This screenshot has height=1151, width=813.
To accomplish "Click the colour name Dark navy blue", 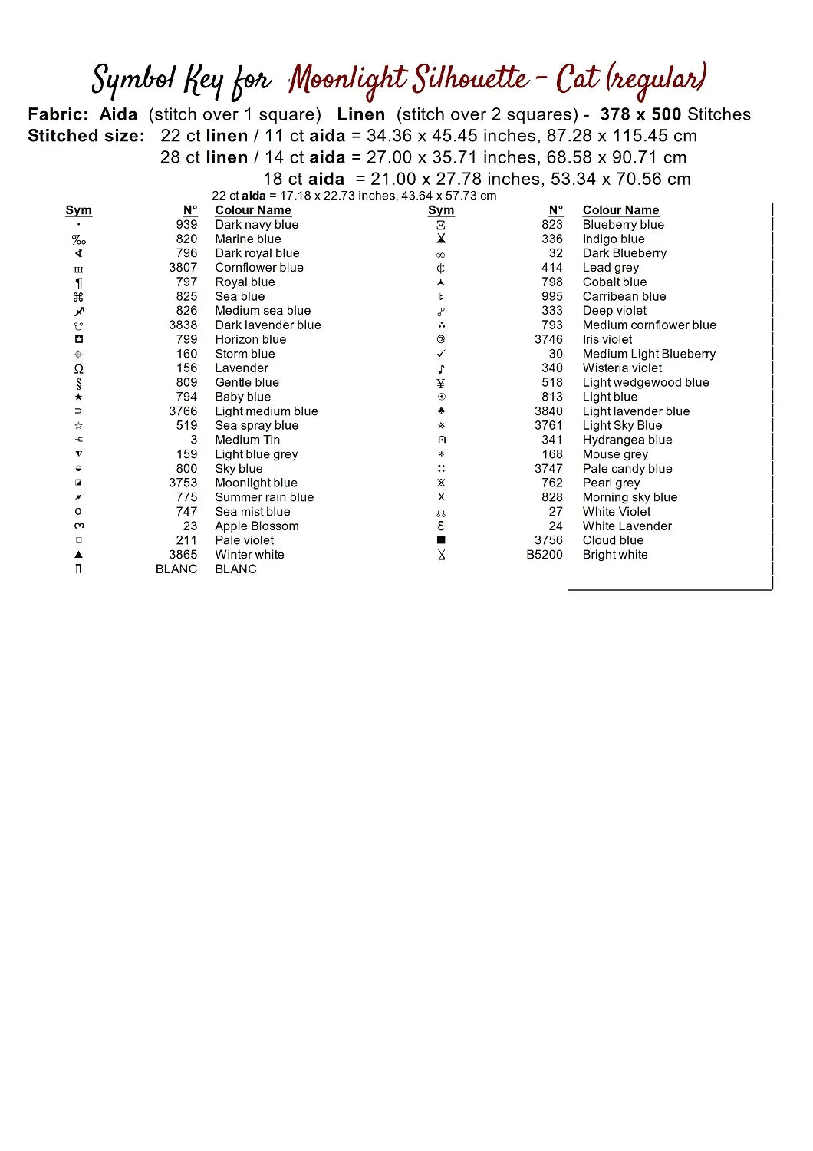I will coord(256,225).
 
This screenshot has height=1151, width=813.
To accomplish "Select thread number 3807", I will coord(183,268).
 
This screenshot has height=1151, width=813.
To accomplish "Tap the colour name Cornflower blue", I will coord(259,268).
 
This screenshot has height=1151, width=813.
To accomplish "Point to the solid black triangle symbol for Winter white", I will coord(78,555).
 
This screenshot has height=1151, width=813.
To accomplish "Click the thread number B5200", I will coord(544,555).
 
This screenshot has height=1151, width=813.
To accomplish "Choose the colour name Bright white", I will coord(614,555).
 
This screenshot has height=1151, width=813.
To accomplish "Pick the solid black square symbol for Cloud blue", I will coord(441,540).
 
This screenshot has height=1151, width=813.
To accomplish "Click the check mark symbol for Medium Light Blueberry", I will coord(441,354).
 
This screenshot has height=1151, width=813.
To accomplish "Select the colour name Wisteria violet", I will coord(622,368).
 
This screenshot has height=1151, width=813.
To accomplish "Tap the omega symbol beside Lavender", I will coord(78,368).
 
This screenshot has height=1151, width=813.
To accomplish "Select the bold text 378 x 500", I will coord(640,114).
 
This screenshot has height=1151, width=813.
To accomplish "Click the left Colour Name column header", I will coord(253,210).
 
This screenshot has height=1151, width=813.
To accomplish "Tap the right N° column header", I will coord(555,210).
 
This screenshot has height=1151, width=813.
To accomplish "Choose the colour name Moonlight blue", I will coord(256,483).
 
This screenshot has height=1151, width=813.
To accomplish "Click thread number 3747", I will coord(548,469).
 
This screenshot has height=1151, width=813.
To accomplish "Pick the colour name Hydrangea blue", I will coord(627,440).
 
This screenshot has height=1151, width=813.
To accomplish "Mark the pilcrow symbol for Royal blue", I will coord(78,282).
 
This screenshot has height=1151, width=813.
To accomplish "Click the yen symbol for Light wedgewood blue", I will coord(441,383).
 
